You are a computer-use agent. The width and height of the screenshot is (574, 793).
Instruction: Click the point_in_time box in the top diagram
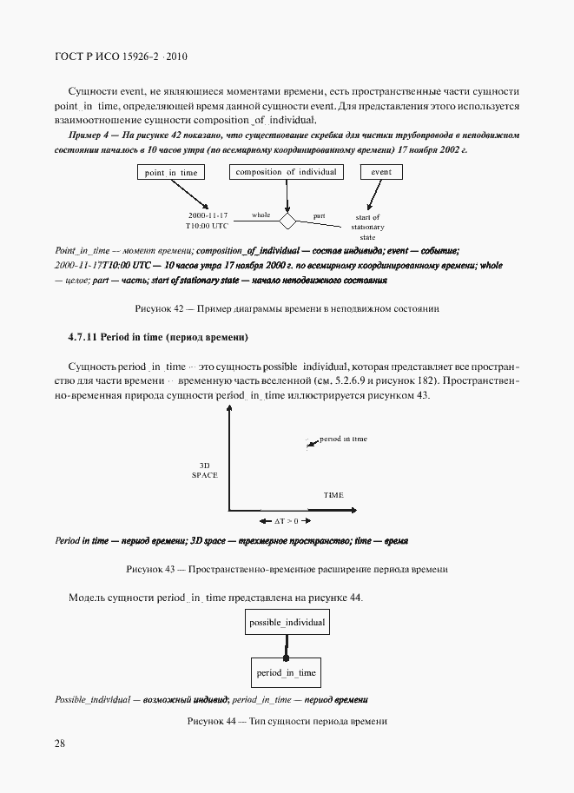tap(171, 173)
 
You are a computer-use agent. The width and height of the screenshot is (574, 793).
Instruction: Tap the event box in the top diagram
tap(380, 172)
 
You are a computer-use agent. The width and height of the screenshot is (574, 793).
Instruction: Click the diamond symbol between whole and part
tap(287, 218)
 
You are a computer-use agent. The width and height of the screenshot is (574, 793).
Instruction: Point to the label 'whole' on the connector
tap(261, 214)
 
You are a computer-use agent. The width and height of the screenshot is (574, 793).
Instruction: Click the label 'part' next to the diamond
tap(319, 214)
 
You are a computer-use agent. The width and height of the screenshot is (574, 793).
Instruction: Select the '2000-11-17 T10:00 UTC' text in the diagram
tap(207, 219)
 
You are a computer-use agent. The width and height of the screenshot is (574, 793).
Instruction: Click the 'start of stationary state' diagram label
tap(367, 227)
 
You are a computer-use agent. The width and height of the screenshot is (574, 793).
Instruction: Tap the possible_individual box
tap(287, 623)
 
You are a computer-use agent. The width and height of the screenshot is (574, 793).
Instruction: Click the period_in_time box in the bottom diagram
tap(287, 672)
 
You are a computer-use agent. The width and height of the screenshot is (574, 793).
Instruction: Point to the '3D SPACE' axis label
tap(205, 470)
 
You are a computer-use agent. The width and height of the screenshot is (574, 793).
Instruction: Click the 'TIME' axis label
tap(333, 495)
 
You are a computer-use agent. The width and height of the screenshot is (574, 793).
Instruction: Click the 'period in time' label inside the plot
tap(342, 439)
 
